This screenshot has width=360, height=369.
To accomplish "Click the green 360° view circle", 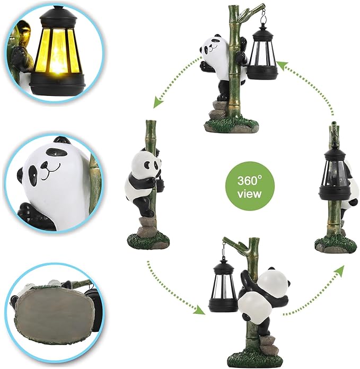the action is click(250, 186).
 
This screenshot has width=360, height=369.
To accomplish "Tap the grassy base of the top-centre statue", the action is click(231, 125).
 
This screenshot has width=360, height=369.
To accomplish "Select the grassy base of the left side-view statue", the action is click(148, 240).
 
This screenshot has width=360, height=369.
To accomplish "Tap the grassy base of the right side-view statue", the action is click(336, 245).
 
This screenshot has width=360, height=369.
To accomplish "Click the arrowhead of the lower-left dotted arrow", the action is click(199, 310).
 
